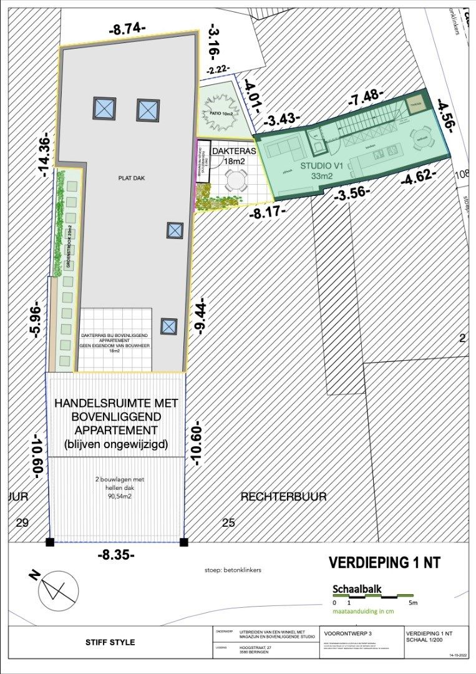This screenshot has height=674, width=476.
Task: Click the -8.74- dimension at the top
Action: [x=127, y=28]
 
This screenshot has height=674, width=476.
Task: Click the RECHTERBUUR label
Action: [x=283, y=496]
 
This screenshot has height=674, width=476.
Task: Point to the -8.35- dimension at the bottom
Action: [x=117, y=554]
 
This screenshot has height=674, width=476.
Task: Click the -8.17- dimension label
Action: [x=268, y=212]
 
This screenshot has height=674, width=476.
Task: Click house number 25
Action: [x=228, y=523]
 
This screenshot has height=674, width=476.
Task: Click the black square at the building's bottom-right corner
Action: [x=183, y=542]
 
